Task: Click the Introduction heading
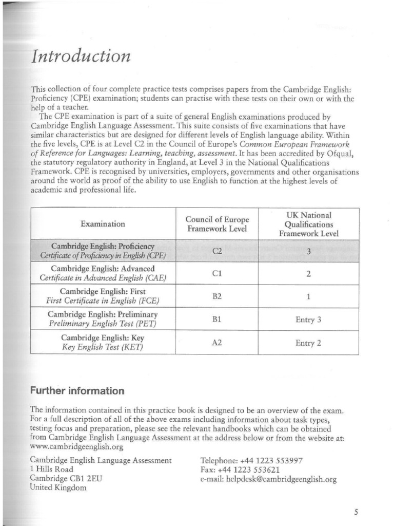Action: coord(81,56)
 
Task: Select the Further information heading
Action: coord(77,391)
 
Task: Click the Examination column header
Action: coord(103,224)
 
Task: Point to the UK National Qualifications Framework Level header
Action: coord(308,224)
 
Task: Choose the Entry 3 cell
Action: coord(308,320)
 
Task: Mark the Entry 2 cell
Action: coord(308,343)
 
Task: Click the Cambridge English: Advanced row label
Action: coord(103,269)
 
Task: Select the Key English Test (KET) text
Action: coord(102,347)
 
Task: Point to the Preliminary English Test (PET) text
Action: coord(102,324)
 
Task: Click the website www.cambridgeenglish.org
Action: coord(77,446)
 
